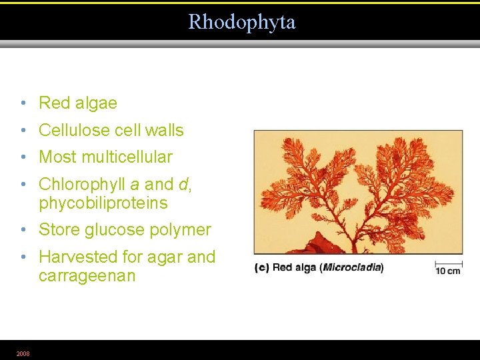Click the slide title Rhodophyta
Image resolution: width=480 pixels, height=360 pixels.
[241, 22]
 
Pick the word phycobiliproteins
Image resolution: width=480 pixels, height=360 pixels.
[103, 203]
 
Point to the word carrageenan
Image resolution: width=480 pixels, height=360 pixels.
[87, 276]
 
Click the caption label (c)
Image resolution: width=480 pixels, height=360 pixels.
[261, 268]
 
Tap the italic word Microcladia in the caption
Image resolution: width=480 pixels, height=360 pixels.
[351, 268]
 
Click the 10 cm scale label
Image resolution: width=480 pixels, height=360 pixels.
[448, 271]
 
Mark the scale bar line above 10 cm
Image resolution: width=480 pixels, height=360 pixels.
[449, 263]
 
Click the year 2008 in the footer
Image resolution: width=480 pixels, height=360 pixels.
[23, 353]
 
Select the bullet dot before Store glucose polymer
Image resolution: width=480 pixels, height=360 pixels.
[23, 231]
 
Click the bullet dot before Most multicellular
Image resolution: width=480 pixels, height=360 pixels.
[23, 157]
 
